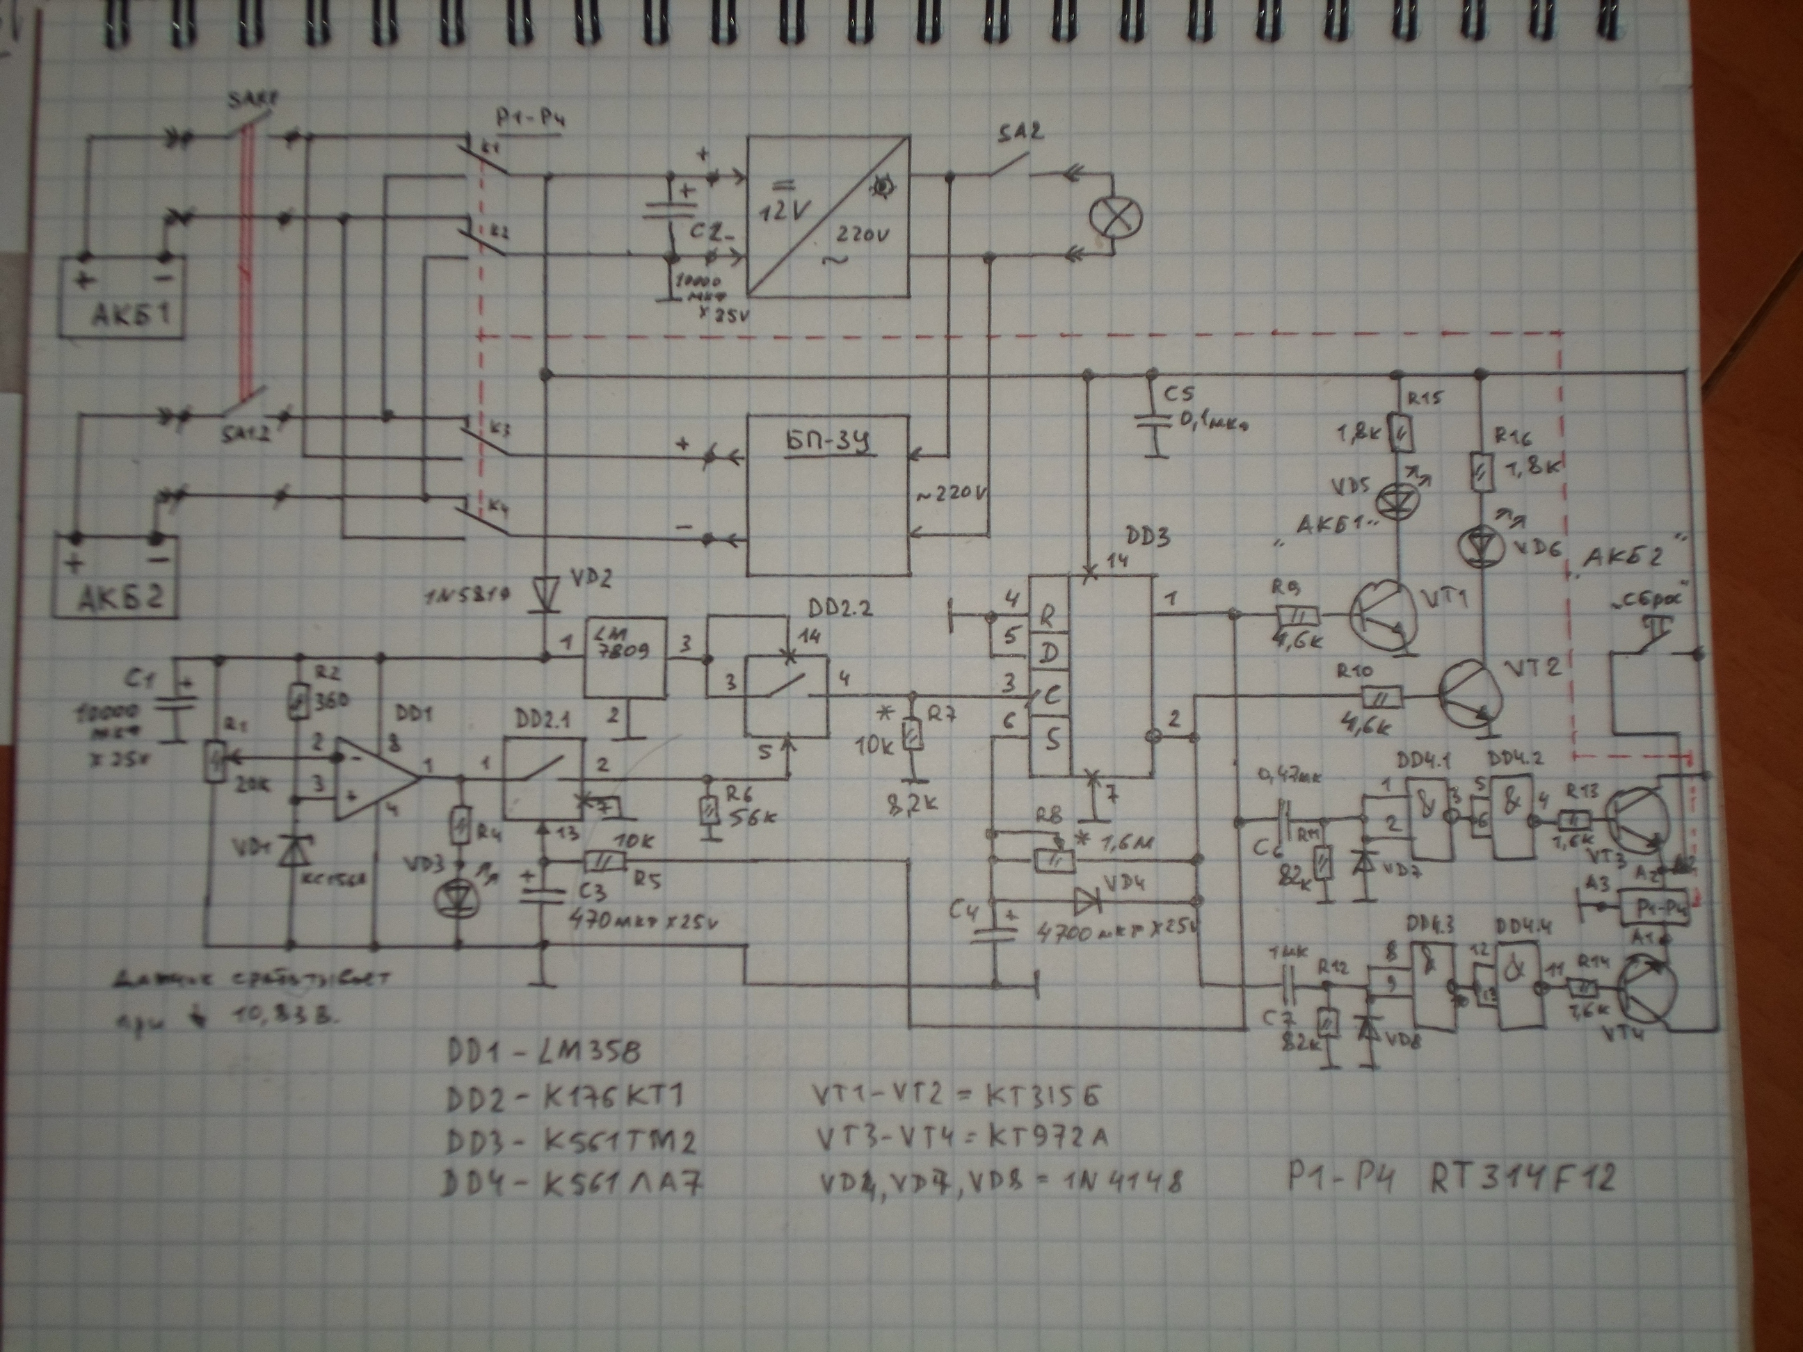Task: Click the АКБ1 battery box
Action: [120, 297]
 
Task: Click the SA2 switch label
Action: [1020, 134]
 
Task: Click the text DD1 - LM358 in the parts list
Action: [544, 1052]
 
